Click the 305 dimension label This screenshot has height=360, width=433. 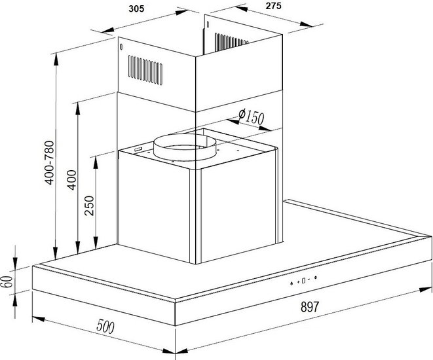136,9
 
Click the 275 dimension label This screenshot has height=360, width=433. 273,6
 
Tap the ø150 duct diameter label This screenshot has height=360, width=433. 251,116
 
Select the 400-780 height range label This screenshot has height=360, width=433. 50,162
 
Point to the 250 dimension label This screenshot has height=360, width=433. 89,206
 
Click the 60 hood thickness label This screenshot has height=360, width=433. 7,281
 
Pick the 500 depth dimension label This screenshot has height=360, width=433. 105,327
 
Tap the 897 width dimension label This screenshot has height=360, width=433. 310,307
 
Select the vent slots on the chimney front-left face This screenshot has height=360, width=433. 145,70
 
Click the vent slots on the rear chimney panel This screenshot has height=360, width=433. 231,42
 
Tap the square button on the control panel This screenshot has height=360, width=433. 303,281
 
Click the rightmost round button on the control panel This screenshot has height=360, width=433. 315,278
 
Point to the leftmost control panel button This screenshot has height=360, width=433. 292,283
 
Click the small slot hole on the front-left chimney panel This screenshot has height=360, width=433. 121,47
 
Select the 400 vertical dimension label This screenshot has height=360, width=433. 72,180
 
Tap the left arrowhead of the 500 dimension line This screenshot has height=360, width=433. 39,319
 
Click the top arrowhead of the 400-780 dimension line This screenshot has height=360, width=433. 56,59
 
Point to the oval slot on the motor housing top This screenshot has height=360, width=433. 138,149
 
